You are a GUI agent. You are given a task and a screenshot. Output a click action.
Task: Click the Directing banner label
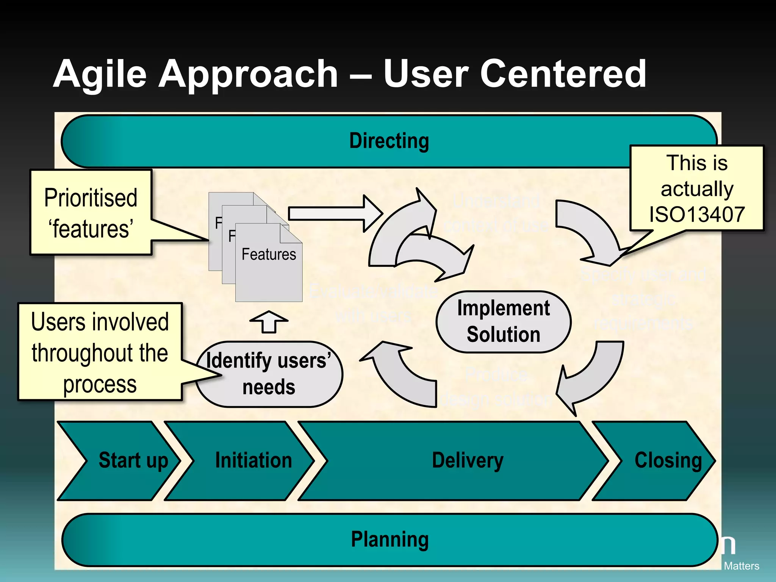389,141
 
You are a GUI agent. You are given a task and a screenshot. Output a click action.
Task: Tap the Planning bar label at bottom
390,539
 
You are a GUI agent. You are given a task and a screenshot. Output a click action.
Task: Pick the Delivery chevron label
468,460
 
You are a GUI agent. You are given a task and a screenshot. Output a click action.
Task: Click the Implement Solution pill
503,321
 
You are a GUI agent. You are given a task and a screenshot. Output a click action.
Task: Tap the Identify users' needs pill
269,374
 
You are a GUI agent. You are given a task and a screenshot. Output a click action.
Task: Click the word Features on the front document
269,254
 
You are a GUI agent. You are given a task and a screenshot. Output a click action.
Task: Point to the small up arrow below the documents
269,322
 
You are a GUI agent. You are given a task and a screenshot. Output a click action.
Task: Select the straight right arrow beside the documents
333,213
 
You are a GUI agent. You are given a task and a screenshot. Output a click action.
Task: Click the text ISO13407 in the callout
697,214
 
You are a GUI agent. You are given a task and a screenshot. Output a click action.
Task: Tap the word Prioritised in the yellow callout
91,198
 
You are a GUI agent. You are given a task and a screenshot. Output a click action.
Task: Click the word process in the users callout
100,384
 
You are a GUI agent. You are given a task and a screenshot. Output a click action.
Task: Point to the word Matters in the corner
741,566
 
